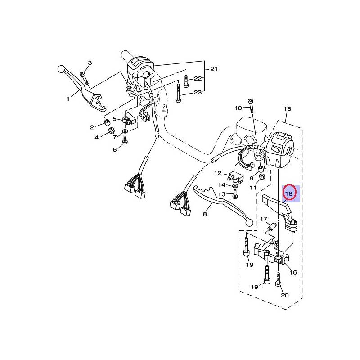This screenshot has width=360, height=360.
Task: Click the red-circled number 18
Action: [x=289, y=193]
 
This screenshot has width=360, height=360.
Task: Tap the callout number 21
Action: [x=214, y=69]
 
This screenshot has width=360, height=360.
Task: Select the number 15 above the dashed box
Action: [x=288, y=108]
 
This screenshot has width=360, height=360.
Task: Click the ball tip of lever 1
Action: [x=61, y=69]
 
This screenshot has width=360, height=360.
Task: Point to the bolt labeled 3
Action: [x=84, y=78]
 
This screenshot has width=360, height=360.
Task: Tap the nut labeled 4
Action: [x=111, y=131]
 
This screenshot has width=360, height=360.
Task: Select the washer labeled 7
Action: [x=125, y=131]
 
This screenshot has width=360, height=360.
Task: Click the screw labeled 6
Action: [x=125, y=139]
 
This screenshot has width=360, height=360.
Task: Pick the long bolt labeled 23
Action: [x=178, y=93]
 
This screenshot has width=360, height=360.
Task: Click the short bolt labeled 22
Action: [x=186, y=81]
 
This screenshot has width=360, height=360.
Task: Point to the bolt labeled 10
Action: [x=251, y=106]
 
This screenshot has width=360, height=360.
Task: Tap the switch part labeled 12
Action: [x=236, y=178]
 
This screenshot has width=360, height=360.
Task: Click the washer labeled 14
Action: [x=234, y=185]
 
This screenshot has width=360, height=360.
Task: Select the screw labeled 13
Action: [x=234, y=194]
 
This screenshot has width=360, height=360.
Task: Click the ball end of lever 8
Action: [x=249, y=222]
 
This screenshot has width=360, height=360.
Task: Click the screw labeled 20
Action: [x=278, y=279]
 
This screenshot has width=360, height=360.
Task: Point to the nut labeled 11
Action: [x=261, y=177]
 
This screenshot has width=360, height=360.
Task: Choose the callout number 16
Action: [x=293, y=272]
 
